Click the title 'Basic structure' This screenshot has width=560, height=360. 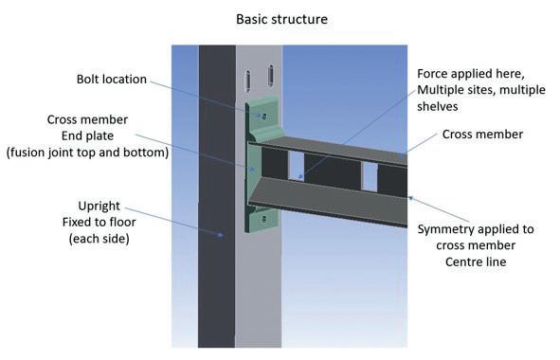tap(281, 19)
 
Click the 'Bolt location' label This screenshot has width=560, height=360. tap(112, 79)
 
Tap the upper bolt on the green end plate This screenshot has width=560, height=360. tap(264, 117)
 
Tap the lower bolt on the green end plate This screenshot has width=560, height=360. tap(264, 219)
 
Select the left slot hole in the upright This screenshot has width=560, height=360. tap(247, 81)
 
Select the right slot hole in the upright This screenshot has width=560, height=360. tap(270, 76)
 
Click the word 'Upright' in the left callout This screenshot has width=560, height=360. tap(99, 207)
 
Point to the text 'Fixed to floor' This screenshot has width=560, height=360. tap(99, 222)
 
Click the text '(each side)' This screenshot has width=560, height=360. tap(99, 239)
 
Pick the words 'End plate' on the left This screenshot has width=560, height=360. tap(87, 135)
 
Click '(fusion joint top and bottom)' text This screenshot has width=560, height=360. tap(87, 153)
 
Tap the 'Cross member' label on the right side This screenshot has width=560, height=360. tap(482, 135)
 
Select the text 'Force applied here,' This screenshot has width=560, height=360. tap(471, 74)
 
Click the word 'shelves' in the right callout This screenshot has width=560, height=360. tap(438, 106)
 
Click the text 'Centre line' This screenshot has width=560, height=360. tap(476, 261)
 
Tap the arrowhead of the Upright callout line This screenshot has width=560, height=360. tap(221, 235)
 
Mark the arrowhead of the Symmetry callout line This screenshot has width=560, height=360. tap(410, 197)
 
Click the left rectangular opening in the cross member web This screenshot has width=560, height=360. tap(296, 165)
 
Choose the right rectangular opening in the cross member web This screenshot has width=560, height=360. tap(370, 177)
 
